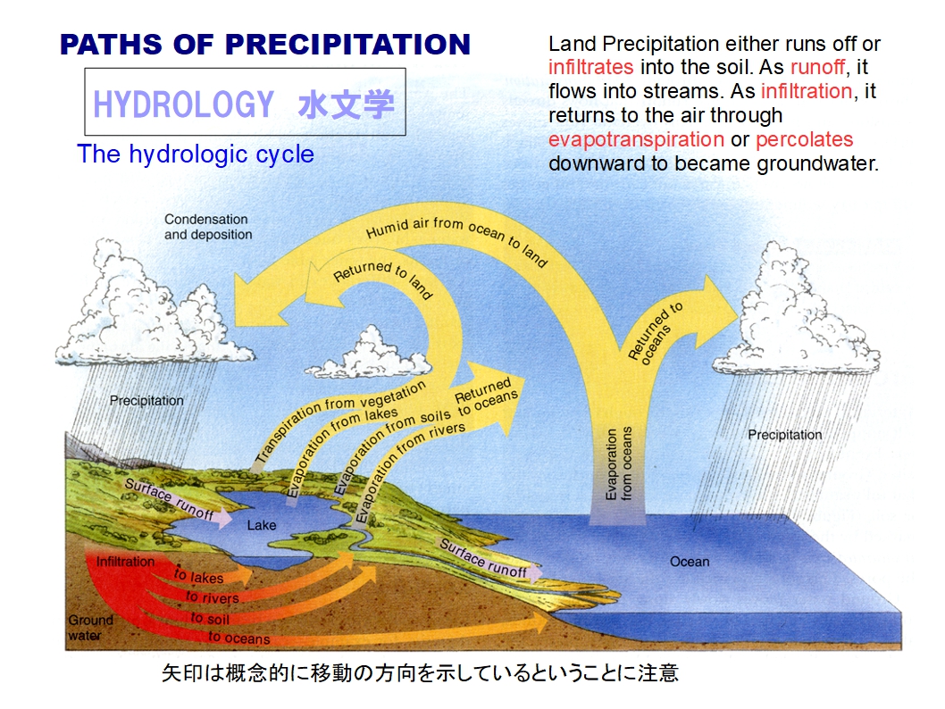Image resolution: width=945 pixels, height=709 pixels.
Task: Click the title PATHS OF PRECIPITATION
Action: click(x=265, y=45)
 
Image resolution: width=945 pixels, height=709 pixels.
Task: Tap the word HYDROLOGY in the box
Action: click(x=184, y=104)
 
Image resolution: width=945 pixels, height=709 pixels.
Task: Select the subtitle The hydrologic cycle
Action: click(x=196, y=154)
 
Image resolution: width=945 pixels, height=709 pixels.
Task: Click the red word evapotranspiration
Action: click(x=636, y=140)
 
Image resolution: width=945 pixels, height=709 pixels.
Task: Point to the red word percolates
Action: click(x=805, y=140)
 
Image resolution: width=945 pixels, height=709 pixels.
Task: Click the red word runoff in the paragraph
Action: click(x=818, y=67)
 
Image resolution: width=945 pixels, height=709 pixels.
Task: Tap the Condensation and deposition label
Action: click(x=208, y=227)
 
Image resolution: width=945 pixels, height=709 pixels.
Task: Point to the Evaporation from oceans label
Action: click(x=619, y=463)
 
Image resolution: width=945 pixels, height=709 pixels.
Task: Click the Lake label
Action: click(x=262, y=525)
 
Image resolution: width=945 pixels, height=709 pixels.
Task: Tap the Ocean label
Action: click(x=690, y=562)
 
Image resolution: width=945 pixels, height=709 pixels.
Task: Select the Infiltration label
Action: click(x=125, y=562)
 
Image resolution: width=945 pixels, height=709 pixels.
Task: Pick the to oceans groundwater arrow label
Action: click(x=238, y=638)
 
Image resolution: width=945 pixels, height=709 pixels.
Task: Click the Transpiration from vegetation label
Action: click(x=340, y=421)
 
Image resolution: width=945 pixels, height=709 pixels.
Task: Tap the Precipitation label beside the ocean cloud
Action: click(x=785, y=435)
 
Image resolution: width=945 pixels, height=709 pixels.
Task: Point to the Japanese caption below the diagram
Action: click(x=420, y=673)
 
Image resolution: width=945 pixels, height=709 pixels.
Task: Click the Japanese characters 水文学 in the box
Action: click(x=347, y=104)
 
